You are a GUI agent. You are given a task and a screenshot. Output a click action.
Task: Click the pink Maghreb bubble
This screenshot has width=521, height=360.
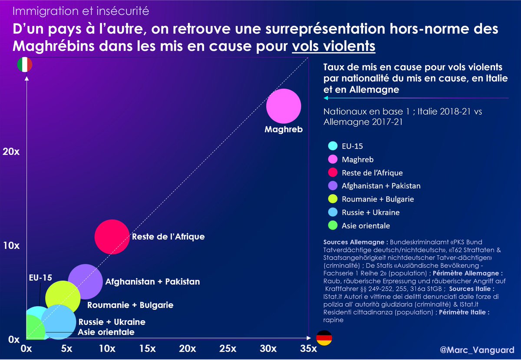pyautogui.click(x=284, y=106)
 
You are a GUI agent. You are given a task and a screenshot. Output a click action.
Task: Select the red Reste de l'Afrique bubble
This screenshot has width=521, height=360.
pyautogui.click(x=112, y=237)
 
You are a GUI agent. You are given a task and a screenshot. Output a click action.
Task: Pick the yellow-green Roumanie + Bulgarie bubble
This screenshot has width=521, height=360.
pyautogui.click(x=63, y=297)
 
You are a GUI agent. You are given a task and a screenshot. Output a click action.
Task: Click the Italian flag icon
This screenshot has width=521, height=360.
pyautogui.click(x=24, y=65)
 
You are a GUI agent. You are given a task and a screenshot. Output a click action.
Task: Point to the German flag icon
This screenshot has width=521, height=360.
pyautogui.click(x=323, y=338)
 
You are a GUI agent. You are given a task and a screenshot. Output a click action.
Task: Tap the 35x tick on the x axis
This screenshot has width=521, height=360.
pyautogui.click(x=308, y=349)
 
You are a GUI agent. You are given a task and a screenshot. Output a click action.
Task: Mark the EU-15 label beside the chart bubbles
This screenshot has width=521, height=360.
pyautogui.click(x=40, y=277)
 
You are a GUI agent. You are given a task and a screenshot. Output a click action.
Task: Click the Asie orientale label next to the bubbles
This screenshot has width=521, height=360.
pyautogui.click(x=106, y=332)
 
